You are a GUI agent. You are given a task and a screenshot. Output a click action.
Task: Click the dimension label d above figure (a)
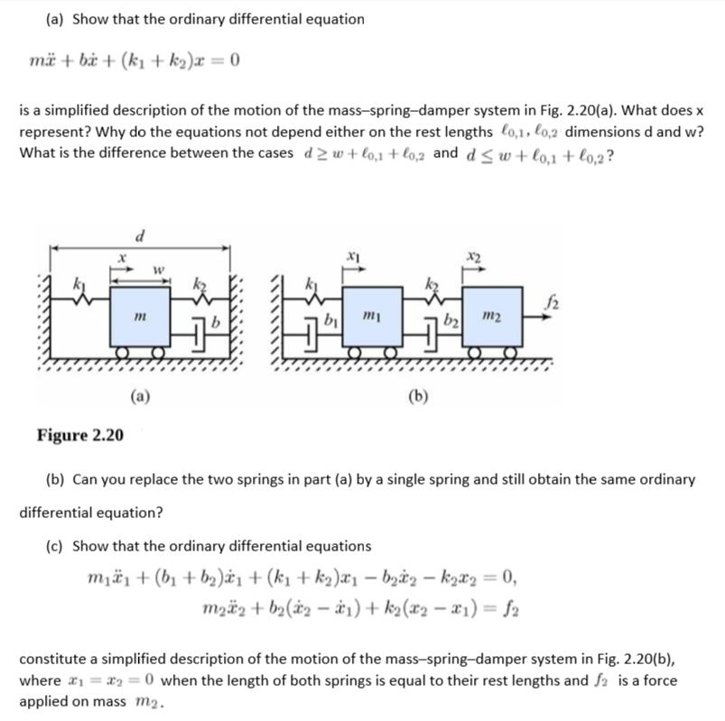(138, 237)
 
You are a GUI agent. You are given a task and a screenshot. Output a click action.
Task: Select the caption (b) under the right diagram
(417, 393)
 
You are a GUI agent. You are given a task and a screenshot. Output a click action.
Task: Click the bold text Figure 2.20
(80, 436)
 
